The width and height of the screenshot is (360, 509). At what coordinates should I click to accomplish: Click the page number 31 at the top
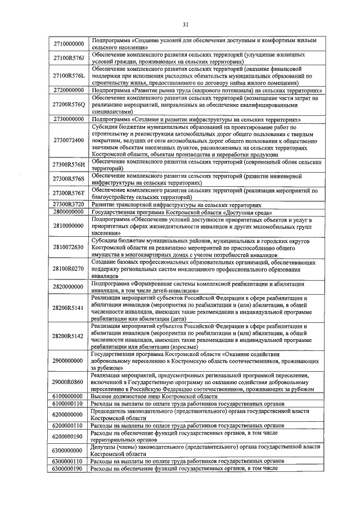click(x=185, y=24)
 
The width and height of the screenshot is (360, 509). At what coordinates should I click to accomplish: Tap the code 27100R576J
click(x=68, y=58)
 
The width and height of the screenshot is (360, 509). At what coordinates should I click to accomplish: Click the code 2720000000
click(x=68, y=90)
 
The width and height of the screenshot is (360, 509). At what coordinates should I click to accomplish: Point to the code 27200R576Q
click(x=68, y=105)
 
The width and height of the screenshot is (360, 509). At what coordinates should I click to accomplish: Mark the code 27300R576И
click(x=68, y=164)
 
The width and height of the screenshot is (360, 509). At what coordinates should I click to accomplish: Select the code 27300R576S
click(x=68, y=179)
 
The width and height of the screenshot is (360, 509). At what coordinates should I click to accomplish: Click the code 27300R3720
click(x=68, y=205)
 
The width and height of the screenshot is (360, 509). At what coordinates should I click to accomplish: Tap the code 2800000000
click(x=68, y=213)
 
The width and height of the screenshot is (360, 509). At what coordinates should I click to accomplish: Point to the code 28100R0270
click(x=68, y=269)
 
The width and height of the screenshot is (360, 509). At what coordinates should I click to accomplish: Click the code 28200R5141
click(x=68, y=308)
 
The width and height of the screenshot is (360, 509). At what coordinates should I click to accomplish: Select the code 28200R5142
click(x=68, y=336)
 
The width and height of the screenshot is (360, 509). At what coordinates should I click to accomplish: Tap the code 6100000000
click(x=68, y=397)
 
